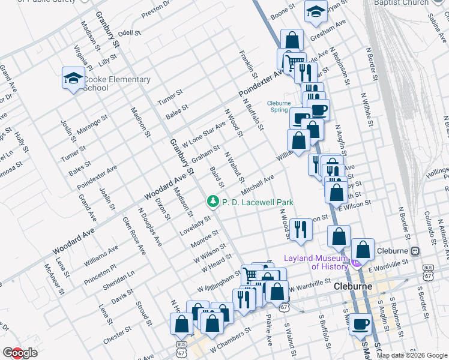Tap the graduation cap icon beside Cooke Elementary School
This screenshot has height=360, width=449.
click(73, 79)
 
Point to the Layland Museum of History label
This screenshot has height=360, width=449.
click(316, 262)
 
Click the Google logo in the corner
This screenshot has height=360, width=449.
click(20, 353)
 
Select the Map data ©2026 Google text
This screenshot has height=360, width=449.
click(412, 355)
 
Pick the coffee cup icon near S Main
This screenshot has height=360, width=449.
click(361, 324)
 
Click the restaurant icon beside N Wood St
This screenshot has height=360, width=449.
click(301, 229)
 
